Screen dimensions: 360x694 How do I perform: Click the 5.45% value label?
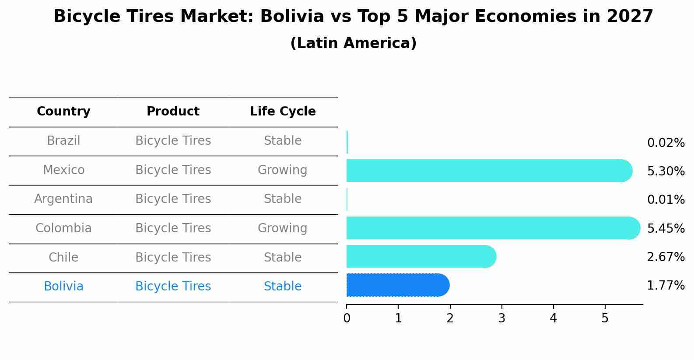pyautogui.click(x=666, y=229)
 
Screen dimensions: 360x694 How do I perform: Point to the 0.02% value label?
pyautogui.click(x=666, y=143)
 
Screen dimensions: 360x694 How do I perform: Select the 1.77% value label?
pyautogui.click(x=666, y=286)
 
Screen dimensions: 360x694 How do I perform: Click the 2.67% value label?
pyautogui.click(x=666, y=257)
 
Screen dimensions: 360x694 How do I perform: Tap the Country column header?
pyautogui.click(x=63, y=112)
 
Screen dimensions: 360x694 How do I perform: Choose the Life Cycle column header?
pyautogui.click(x=283, y=112)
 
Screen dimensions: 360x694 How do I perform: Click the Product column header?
pyautogui.click(x=173, y=112)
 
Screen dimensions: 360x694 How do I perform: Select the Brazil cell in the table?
pyautogui.click(x=63, y=141)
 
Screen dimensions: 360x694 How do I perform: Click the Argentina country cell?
pyautogui.click(x=63, y=199)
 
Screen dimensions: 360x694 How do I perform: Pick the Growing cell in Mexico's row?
pyautogui.click(x=282, y=170)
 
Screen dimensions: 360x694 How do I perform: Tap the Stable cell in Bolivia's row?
pyautogui.click(x=282, y=287)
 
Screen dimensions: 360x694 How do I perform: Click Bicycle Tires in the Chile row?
pyautogui.click(x=173, y=257)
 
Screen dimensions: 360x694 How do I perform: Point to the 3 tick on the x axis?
pyautogui.click(x=501, y=318)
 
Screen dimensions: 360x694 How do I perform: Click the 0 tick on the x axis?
pyautogui.click(x=347, y=318)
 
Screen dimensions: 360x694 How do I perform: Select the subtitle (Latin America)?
pyautogui.click(x=353, y=43)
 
